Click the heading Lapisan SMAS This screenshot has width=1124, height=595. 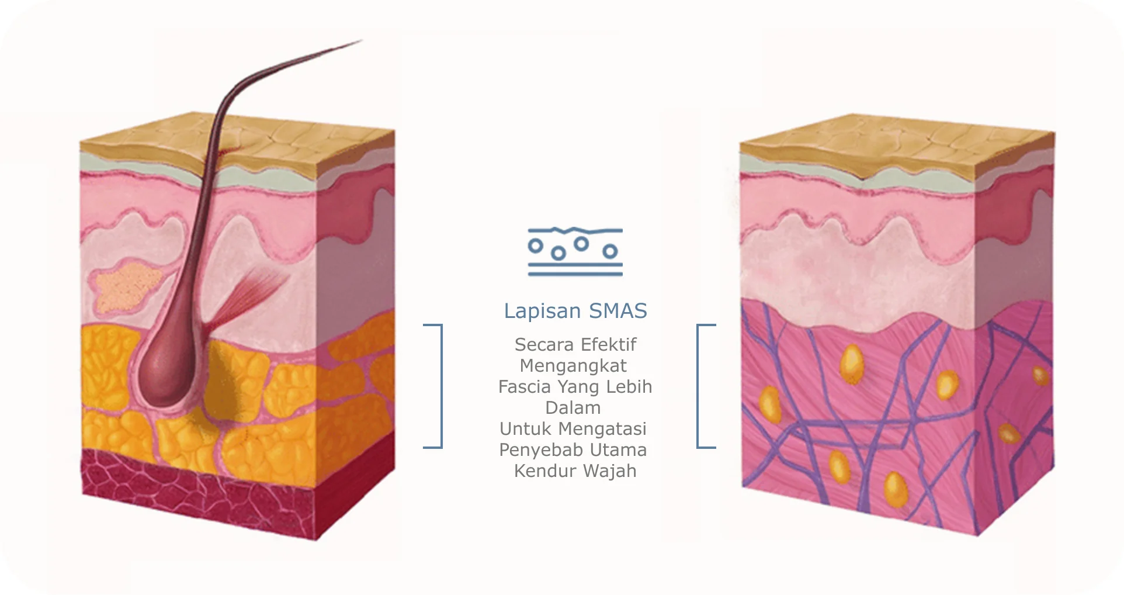575,311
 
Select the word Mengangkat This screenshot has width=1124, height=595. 573,366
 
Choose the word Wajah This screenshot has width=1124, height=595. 609,471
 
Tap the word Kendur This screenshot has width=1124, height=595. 545,471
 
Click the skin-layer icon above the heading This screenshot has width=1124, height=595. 575,251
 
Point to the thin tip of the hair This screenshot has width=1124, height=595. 361,40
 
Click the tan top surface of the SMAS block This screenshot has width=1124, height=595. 897,146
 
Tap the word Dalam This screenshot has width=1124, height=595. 573,407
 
